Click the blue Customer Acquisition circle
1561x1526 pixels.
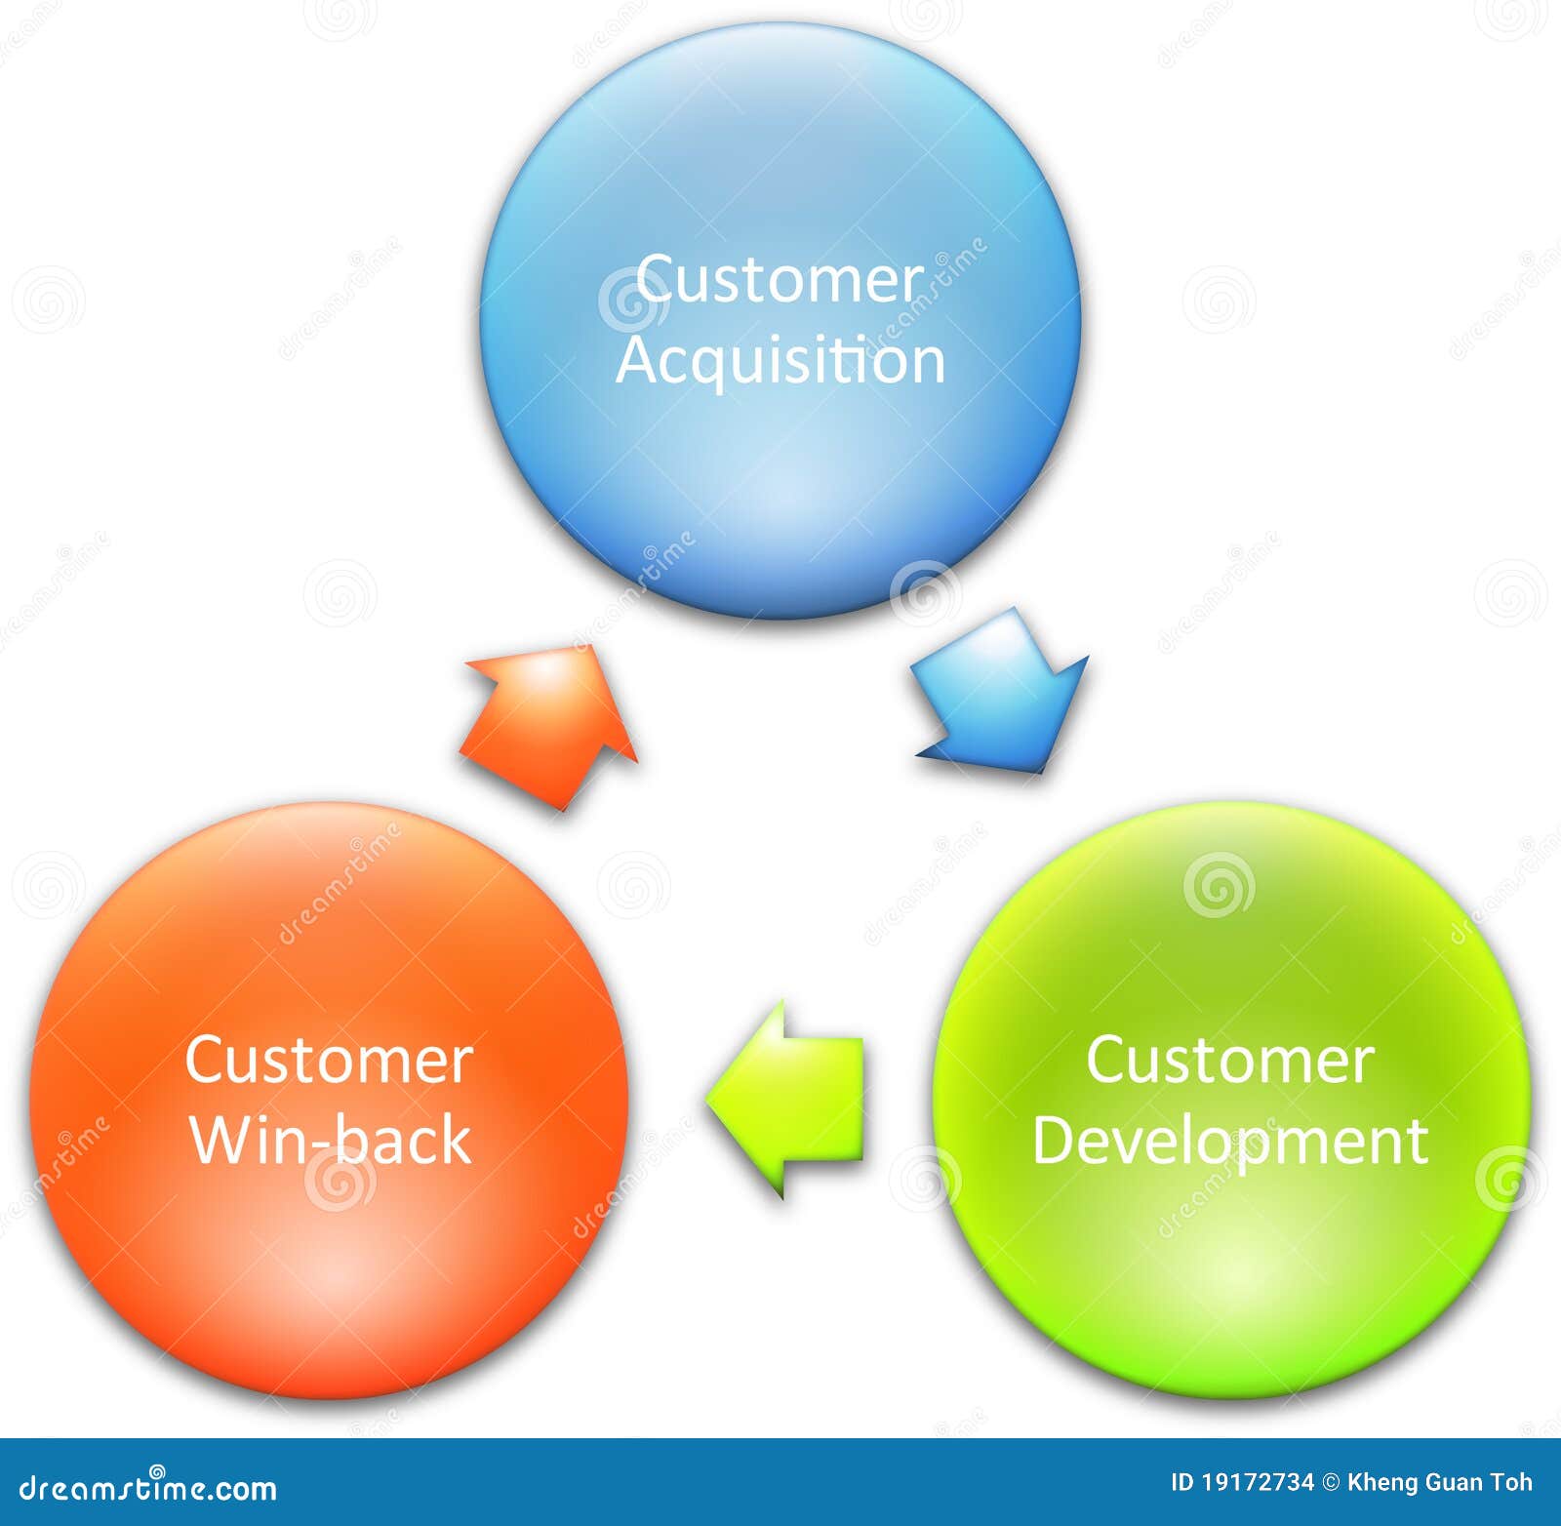tap(780, 176)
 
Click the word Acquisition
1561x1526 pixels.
tap(780, 361)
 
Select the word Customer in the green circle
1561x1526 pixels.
tap(1230, 1061)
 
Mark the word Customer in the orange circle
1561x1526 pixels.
tap(330, 1061)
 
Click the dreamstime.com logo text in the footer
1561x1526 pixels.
tap(148, 1488)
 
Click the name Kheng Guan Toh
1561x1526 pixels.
tap(1440, 1483)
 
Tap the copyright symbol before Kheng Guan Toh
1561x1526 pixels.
tap(1331, 1483)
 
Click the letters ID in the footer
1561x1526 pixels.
tap(1181, 1483)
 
